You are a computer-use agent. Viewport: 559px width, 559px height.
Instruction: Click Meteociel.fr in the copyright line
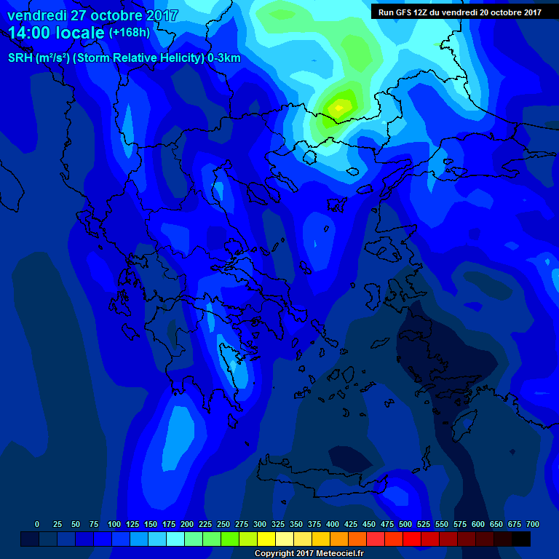tap(335, 554)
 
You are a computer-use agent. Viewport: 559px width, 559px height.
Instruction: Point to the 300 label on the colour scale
tap(260, 524)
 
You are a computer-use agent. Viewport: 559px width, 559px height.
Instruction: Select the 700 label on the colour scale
tap(532, 524)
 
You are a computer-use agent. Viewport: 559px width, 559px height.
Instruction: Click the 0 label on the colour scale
tap(37, 524)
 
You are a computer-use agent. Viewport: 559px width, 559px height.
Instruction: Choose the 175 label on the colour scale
tap(169, 524)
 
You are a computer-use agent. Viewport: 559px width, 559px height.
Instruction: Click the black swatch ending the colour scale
tap(520, 539)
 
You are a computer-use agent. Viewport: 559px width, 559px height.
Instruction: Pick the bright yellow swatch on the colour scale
tap(266, 539)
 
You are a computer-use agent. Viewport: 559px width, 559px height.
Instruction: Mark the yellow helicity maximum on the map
tap(338, 108)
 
